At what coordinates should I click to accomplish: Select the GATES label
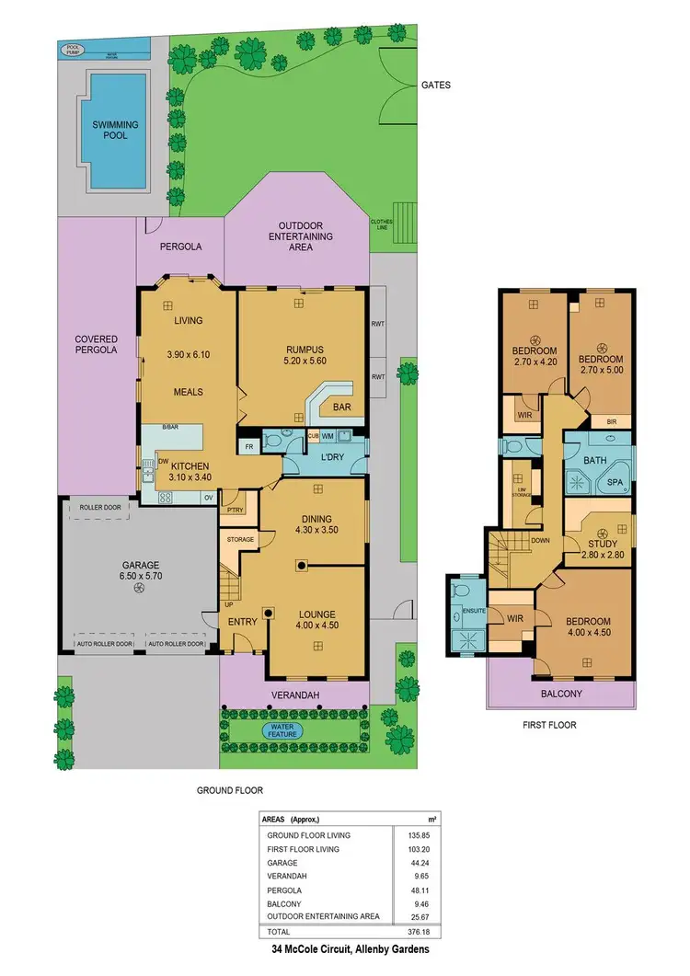[435, 85]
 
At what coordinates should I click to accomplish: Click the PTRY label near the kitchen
[235, 509]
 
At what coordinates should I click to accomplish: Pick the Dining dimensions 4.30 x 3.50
[317, 530]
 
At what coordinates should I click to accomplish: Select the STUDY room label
[604, 542]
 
